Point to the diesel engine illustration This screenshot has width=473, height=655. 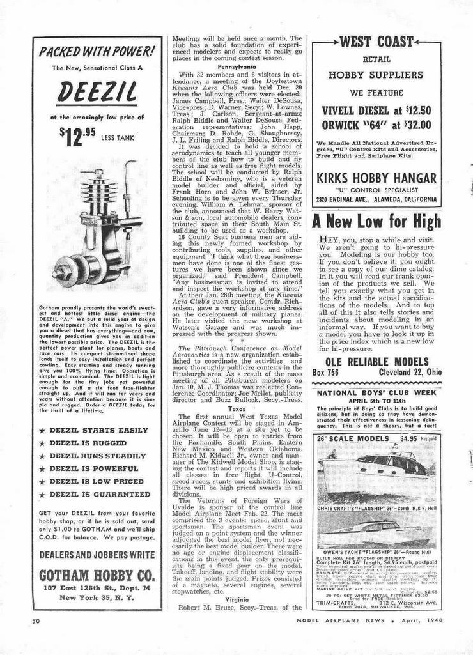tap(96, 227)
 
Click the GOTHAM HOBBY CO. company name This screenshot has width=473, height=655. tap(97, 574)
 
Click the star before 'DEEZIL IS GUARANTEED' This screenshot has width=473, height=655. tap(42, 495)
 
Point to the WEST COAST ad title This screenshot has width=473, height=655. tap(376, 43)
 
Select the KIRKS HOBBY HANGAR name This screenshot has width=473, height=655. tap(376, 178)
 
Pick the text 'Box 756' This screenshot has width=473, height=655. tap(325, 373)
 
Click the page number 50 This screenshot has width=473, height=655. tap(37, 620)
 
